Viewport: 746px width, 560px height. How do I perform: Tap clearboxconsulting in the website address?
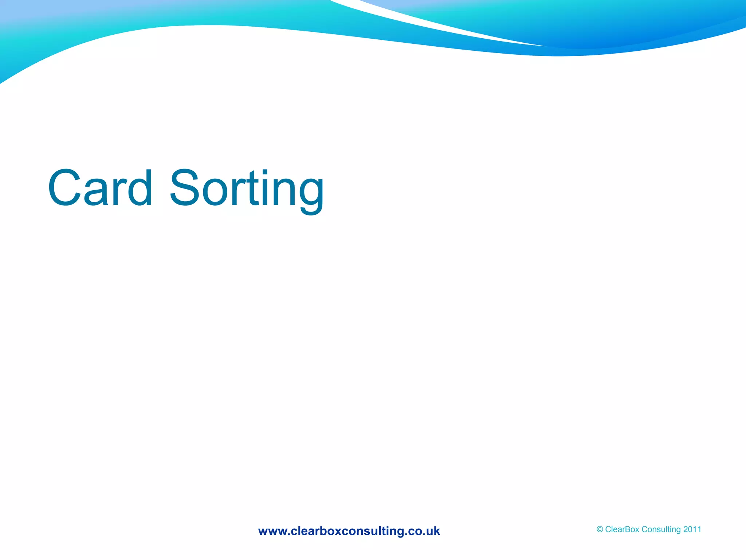pos(348,531)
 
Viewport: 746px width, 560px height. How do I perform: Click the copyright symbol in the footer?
pos(600,529)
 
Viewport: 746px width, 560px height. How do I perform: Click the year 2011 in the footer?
pos(692,529)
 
